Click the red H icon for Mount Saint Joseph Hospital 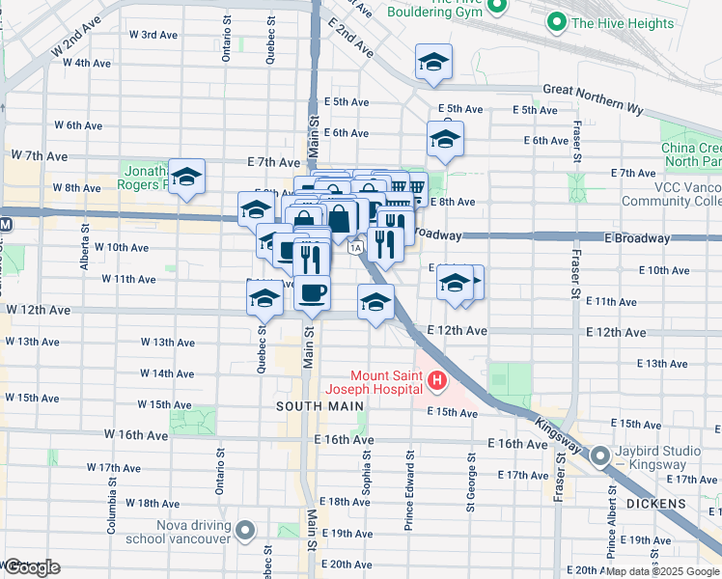(x=437, y=382)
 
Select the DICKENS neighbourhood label (x=680, y=504)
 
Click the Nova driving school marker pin (x=245, y=530)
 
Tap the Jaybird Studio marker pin (x=599, y=455)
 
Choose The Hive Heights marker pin (x=556, y=22)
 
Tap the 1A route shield (x=356, y=248)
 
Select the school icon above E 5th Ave (x=434, y=62)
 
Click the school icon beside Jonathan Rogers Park (x=187, y=176)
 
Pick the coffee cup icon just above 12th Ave (x=311, y=292)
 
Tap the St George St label (x=471, y=483)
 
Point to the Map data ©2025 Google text (x=662, y=571)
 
